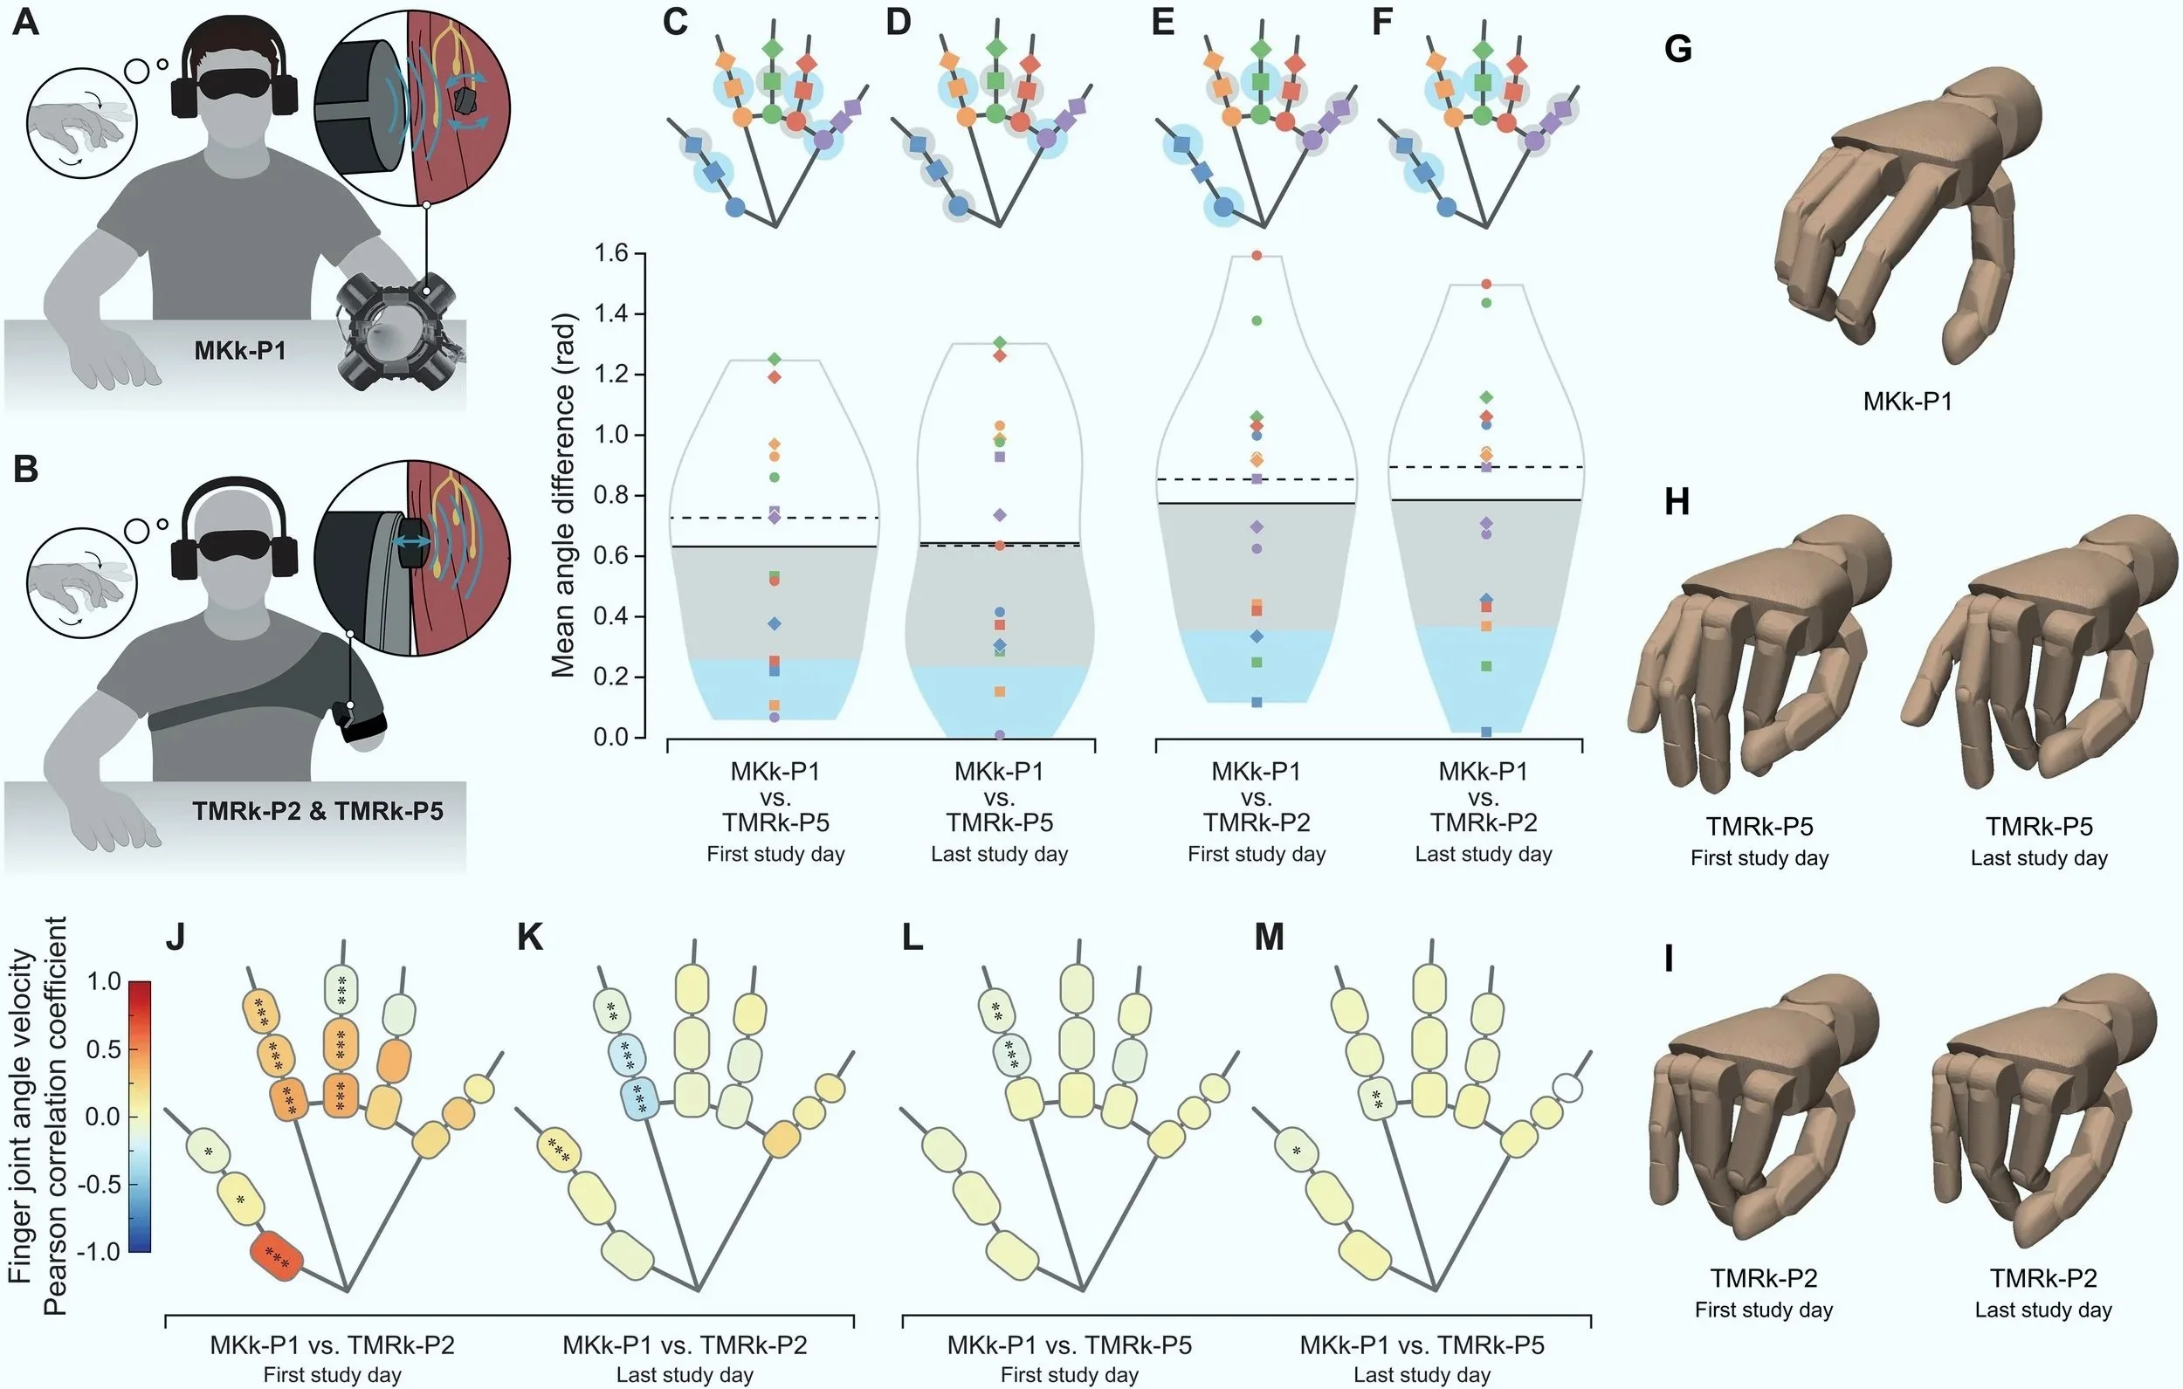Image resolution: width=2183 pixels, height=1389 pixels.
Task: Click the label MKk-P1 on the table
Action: pos(240,350)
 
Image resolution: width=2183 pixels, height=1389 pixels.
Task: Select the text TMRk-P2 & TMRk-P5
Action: pos(317,809)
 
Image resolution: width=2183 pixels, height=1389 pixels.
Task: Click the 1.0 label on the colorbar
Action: pos(105,981)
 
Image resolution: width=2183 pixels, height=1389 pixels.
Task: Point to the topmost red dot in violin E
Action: pos(1257,256)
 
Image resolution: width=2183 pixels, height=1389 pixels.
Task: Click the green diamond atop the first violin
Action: pos(775,360)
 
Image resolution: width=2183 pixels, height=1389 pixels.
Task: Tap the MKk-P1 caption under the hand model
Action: pos(1907,401)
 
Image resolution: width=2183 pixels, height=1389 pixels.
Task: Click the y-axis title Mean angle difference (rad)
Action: pos(563,495)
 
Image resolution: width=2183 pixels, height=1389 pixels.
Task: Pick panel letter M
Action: pos(1269,937)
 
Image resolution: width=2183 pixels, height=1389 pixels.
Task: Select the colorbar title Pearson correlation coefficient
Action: pos(55,1115)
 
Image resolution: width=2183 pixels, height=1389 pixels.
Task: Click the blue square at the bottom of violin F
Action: pos(1486,732)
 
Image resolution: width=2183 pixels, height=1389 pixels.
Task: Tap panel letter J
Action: pos(176,937)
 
